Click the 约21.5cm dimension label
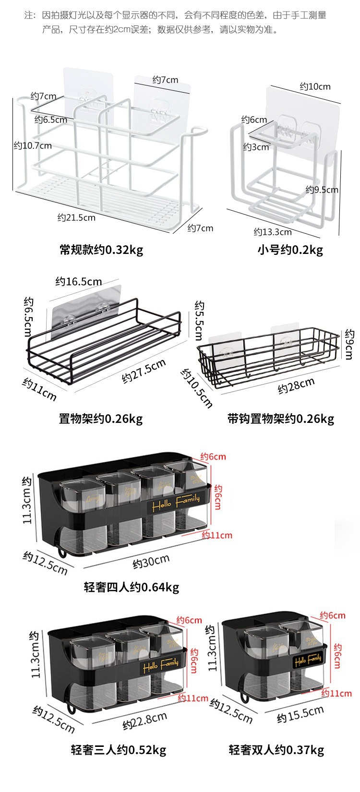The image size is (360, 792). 76,217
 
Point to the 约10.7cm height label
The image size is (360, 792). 33,145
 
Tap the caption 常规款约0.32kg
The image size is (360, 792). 101,250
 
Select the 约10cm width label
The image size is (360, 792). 315,86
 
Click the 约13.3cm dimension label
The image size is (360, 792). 273,232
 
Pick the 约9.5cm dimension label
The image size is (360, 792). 322,190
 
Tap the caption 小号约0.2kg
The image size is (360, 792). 290,250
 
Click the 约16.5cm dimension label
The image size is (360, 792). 78,281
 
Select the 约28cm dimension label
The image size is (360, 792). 296,385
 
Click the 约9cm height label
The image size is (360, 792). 349,344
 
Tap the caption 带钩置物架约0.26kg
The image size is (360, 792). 280,419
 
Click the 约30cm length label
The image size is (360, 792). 151,561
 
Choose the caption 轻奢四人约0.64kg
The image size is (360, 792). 131,587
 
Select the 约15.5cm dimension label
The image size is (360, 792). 300,715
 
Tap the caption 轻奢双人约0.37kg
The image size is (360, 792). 276,750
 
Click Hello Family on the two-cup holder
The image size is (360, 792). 307,660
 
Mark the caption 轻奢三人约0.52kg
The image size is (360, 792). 118,750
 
